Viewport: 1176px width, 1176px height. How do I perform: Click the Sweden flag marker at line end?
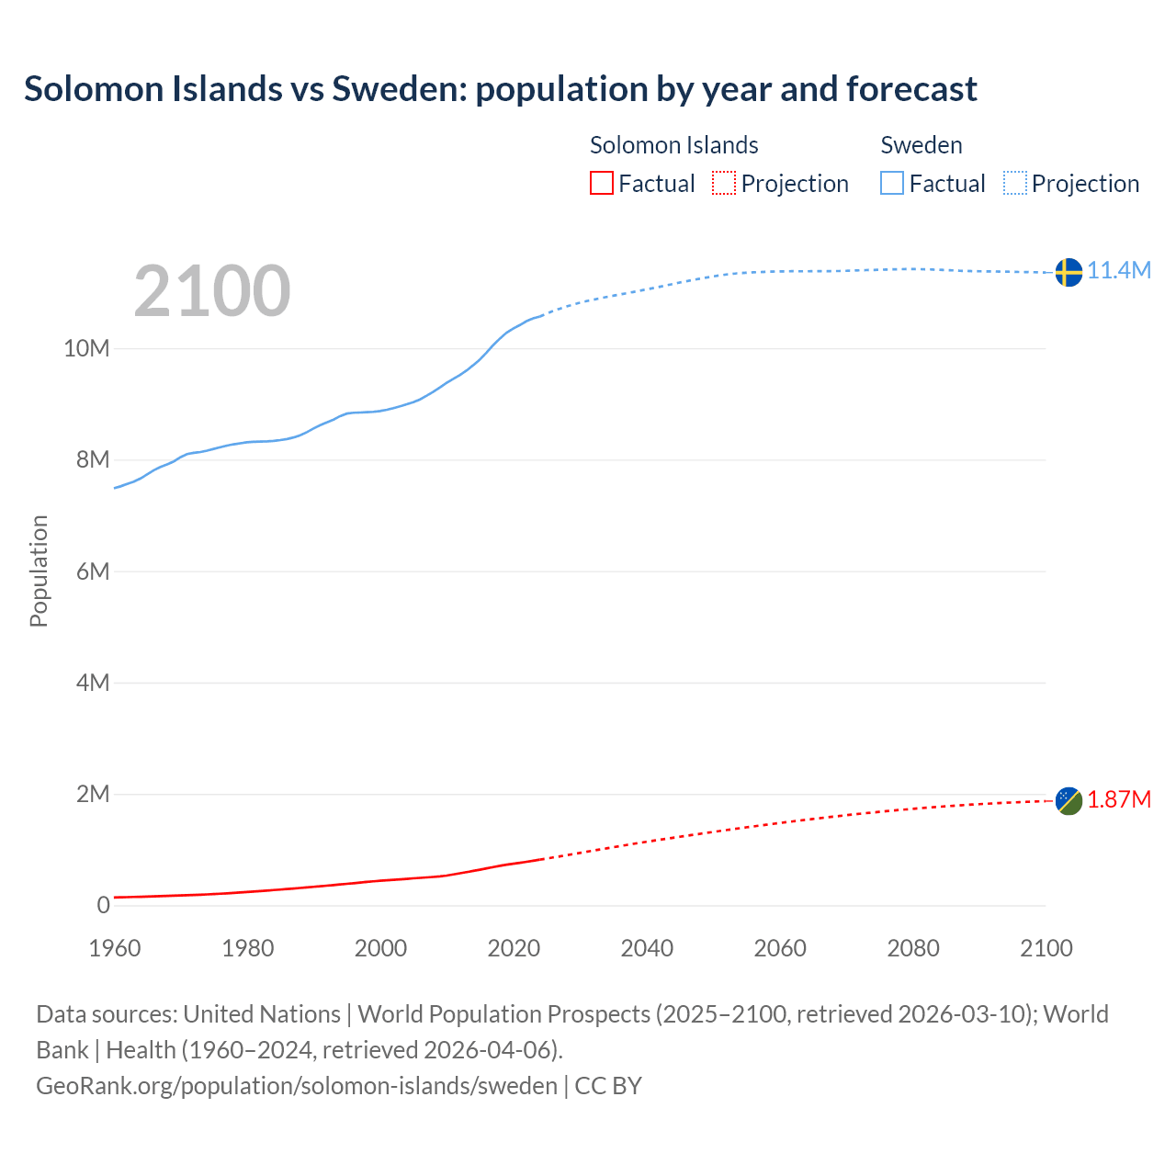pyautogui.click(x=1069, y=272)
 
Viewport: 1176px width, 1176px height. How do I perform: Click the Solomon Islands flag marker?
pyautogui.click(x=1069, y=801)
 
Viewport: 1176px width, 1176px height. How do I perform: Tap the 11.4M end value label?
pyautogui.click(x=1119, y=270)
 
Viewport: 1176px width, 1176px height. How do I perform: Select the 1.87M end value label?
pyautogui.click(x=1119, y=799)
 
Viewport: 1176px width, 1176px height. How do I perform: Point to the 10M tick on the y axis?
pyautogui.click(x=86, y=348)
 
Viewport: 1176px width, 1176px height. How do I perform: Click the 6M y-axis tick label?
pyautogui.click(x=93, y=571)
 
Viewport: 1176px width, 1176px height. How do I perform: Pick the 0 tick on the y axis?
pyautogui.click(x=103, y=905)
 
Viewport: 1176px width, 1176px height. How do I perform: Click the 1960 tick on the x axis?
pyautogui.click(x=115, y=948)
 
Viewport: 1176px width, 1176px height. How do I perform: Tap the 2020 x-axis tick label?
pyautogui.click(x=514, y=948)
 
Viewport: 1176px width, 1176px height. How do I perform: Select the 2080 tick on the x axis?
pyautogui.click(x=913, y=948)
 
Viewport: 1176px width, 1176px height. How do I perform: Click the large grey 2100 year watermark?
pyautogui.click(x=212, y=291)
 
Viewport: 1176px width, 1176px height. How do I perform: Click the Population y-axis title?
pyautogui.click(x=39, y=571)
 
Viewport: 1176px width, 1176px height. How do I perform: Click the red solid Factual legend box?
pyautogui.click(x=601, y=184)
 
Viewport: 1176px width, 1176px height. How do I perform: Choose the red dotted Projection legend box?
pyautogui.click(x=724, y=184)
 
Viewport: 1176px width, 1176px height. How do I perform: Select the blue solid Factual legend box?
pyautogui.click(x=892, y=184)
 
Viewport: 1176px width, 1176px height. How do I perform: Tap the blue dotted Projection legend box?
pyautogui.click(x=1015, y=184)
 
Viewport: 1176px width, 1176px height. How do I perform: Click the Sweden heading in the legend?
pyautogui.click(x=922, y=145)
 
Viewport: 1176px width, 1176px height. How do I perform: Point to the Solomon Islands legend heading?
pyautogui.click(x=673, y=145)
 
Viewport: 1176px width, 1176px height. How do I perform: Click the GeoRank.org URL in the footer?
pyautogui.click(x=297, y=1085)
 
